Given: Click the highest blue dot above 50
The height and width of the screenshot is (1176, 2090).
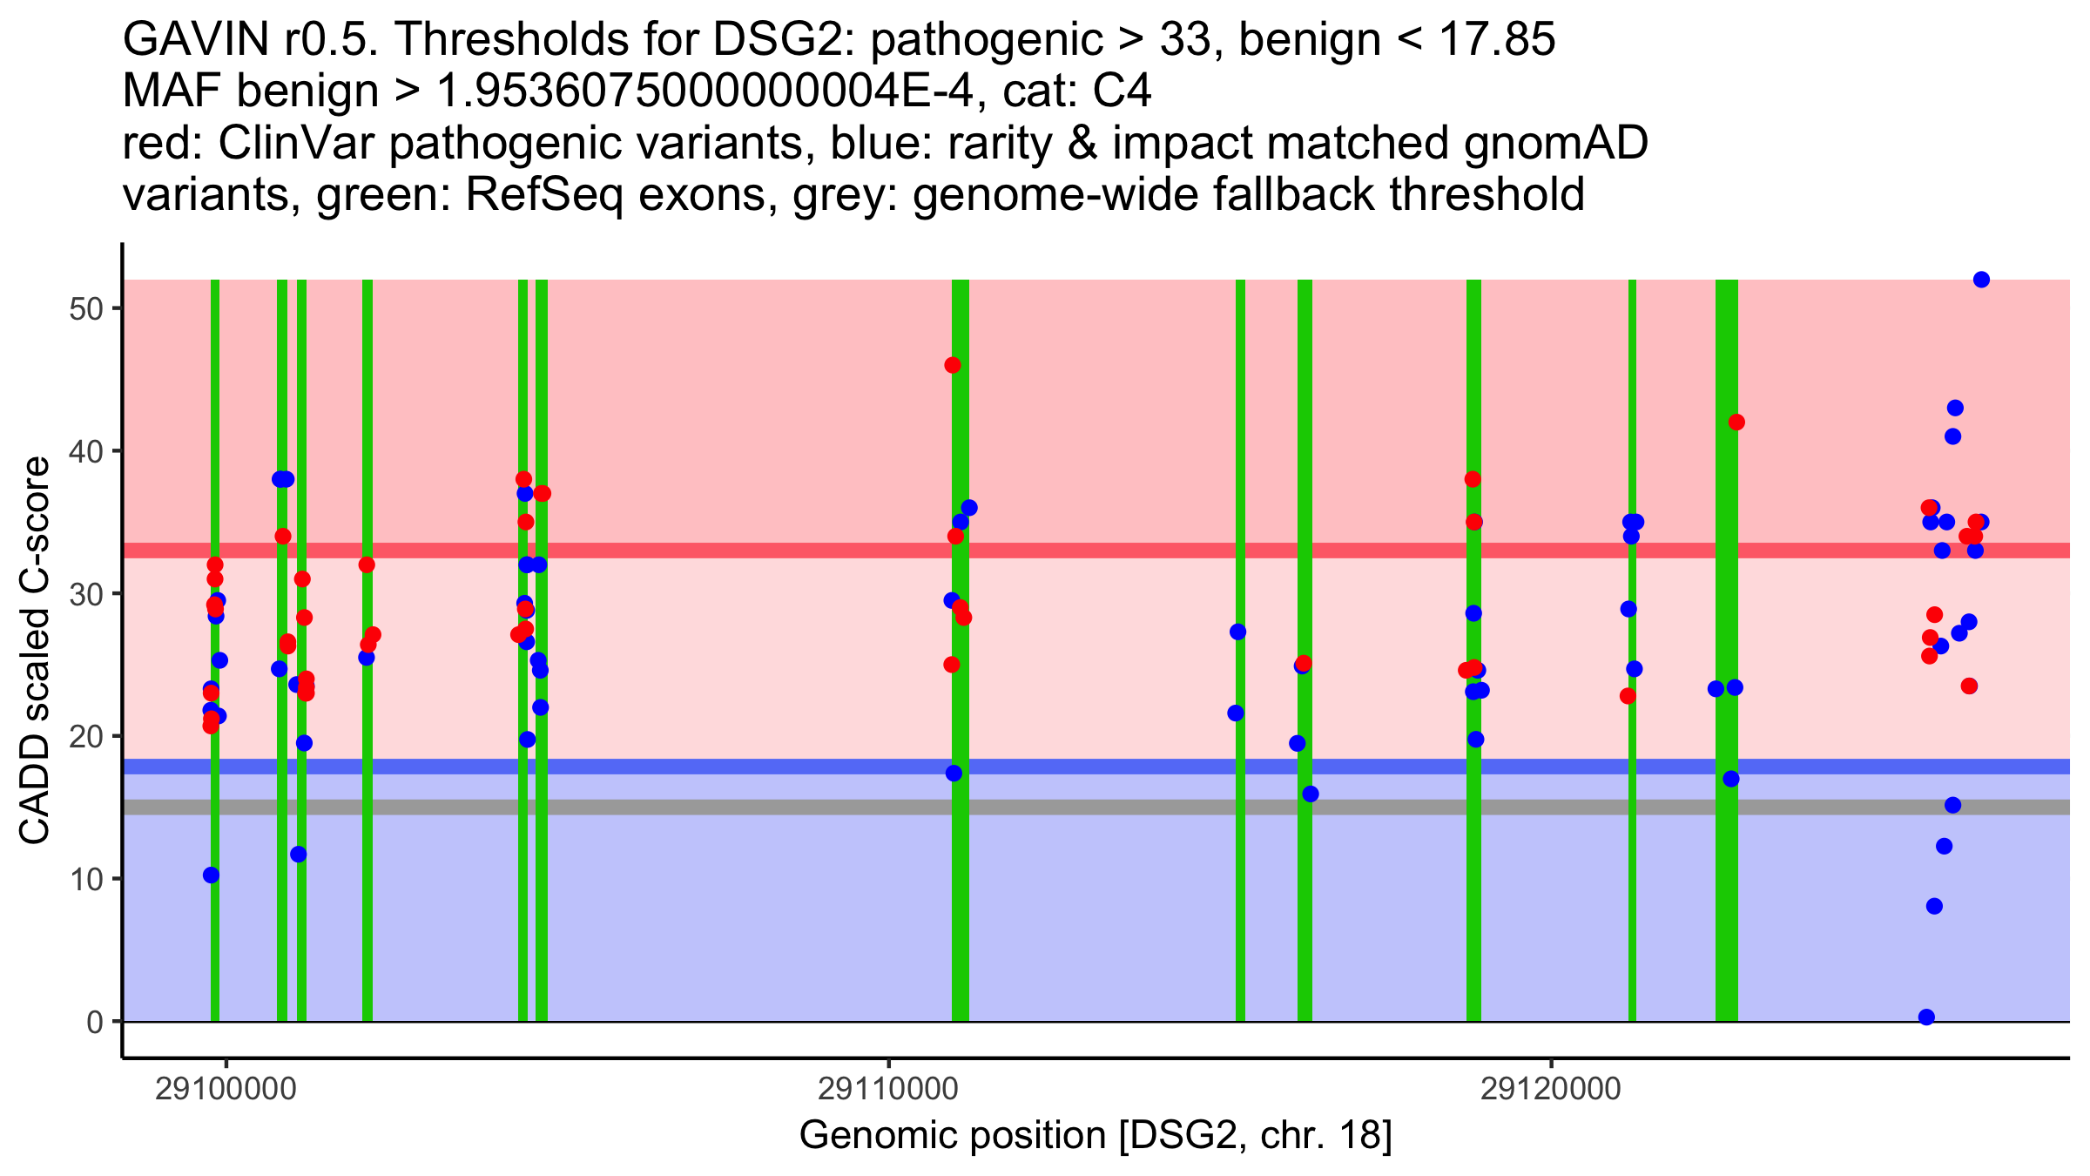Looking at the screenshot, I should point(1981,280).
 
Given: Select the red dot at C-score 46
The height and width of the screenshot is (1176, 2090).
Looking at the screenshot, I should point(953,365).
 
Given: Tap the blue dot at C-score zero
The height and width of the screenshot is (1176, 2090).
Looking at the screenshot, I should point(1927,1017).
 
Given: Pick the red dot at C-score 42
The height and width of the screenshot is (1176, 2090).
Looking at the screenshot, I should point(1736,422).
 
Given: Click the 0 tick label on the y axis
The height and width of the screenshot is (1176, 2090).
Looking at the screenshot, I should point(95,1022).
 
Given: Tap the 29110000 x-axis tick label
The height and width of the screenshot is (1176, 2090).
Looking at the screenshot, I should point(888,1089).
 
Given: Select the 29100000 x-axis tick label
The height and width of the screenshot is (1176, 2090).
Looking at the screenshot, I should point(226,1089).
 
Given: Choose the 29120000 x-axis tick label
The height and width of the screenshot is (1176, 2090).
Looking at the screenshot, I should point(1551,1089).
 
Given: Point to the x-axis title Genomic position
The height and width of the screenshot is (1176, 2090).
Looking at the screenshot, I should point(1096,1136).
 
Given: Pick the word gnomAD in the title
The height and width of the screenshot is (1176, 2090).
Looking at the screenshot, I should point(1556,143).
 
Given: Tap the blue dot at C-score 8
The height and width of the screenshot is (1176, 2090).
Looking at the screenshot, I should point(1934,906).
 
